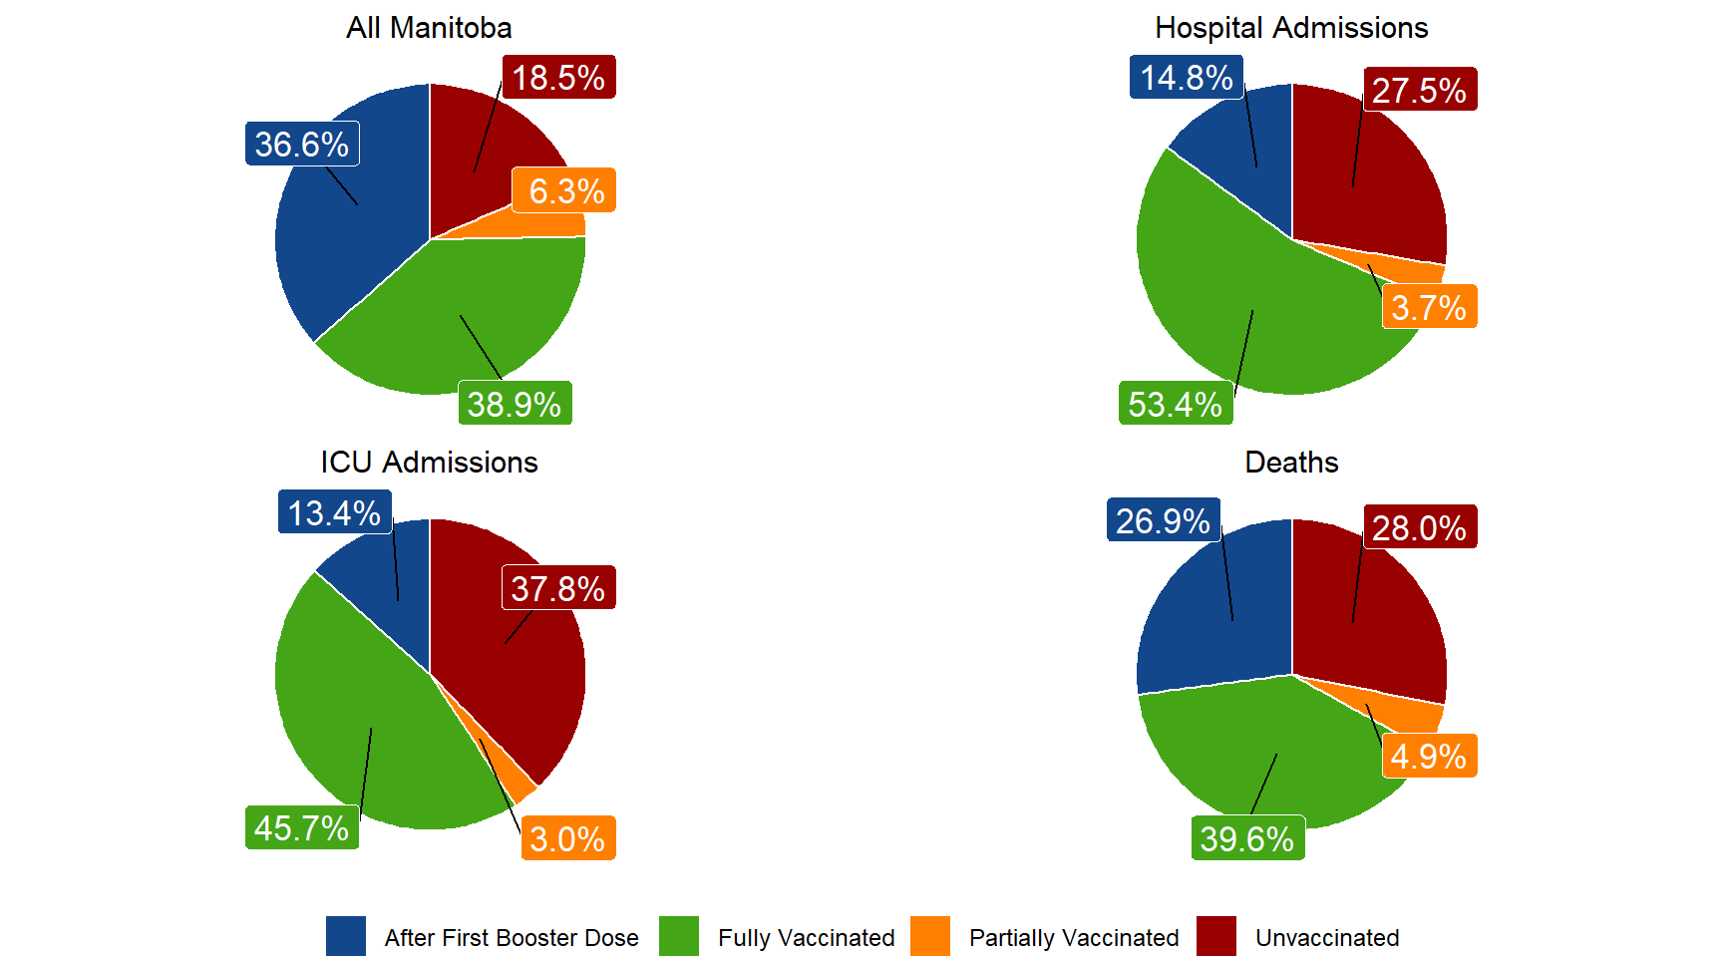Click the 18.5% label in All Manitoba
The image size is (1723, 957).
[558, 78]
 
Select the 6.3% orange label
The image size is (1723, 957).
[565, 190]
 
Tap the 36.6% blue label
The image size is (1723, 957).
[302, 145]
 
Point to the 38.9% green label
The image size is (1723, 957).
[515, 404]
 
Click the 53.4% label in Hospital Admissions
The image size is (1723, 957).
[1176, 404]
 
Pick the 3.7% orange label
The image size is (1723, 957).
[1429, 307]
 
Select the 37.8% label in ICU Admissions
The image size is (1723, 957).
[558, 588]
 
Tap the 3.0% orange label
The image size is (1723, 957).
[567, 838]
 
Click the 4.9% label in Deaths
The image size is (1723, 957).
[1429, 756]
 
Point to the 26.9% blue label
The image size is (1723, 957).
[1163, 520]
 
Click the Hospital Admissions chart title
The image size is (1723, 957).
[1291, 28]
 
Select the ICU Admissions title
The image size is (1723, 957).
[429, 463]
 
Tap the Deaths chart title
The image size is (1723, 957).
[1291, 463]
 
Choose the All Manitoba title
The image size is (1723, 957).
[429, 28]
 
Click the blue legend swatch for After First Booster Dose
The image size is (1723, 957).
[346, 936]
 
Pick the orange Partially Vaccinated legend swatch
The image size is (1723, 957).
[930, 936]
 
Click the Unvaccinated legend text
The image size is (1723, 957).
[1327, 938]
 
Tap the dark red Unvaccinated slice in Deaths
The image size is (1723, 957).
[1376, 608]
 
